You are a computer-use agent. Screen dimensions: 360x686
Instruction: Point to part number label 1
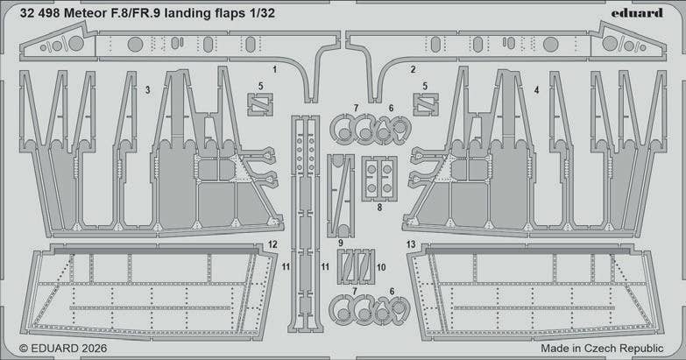[274, 68]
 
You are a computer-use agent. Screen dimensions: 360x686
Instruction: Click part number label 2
[413, 68]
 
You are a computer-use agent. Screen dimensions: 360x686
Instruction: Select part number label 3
[148, 89]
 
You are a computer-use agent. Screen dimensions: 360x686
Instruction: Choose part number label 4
[535, 89]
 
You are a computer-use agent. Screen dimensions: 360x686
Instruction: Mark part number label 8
[379, 208]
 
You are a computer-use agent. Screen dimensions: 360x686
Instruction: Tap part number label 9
[340, 242]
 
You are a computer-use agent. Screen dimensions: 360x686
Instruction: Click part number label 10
[381, 266]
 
